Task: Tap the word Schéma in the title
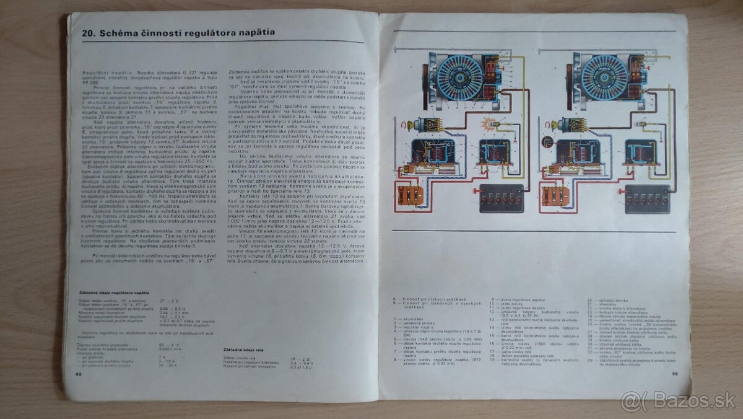point(111,32)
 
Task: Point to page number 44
point(78,374)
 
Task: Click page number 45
point(674,373)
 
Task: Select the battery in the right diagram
point(647,198)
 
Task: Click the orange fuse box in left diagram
point(410,196)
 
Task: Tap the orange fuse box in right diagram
point(555,196)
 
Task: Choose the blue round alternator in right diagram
point(604,78)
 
